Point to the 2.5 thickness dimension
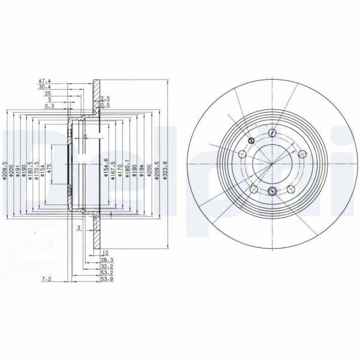pos(105,98)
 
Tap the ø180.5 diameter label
pos(29,164)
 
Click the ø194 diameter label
pos(141,164)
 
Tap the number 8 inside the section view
pos(86,137)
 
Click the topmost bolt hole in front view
pos(273,132)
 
